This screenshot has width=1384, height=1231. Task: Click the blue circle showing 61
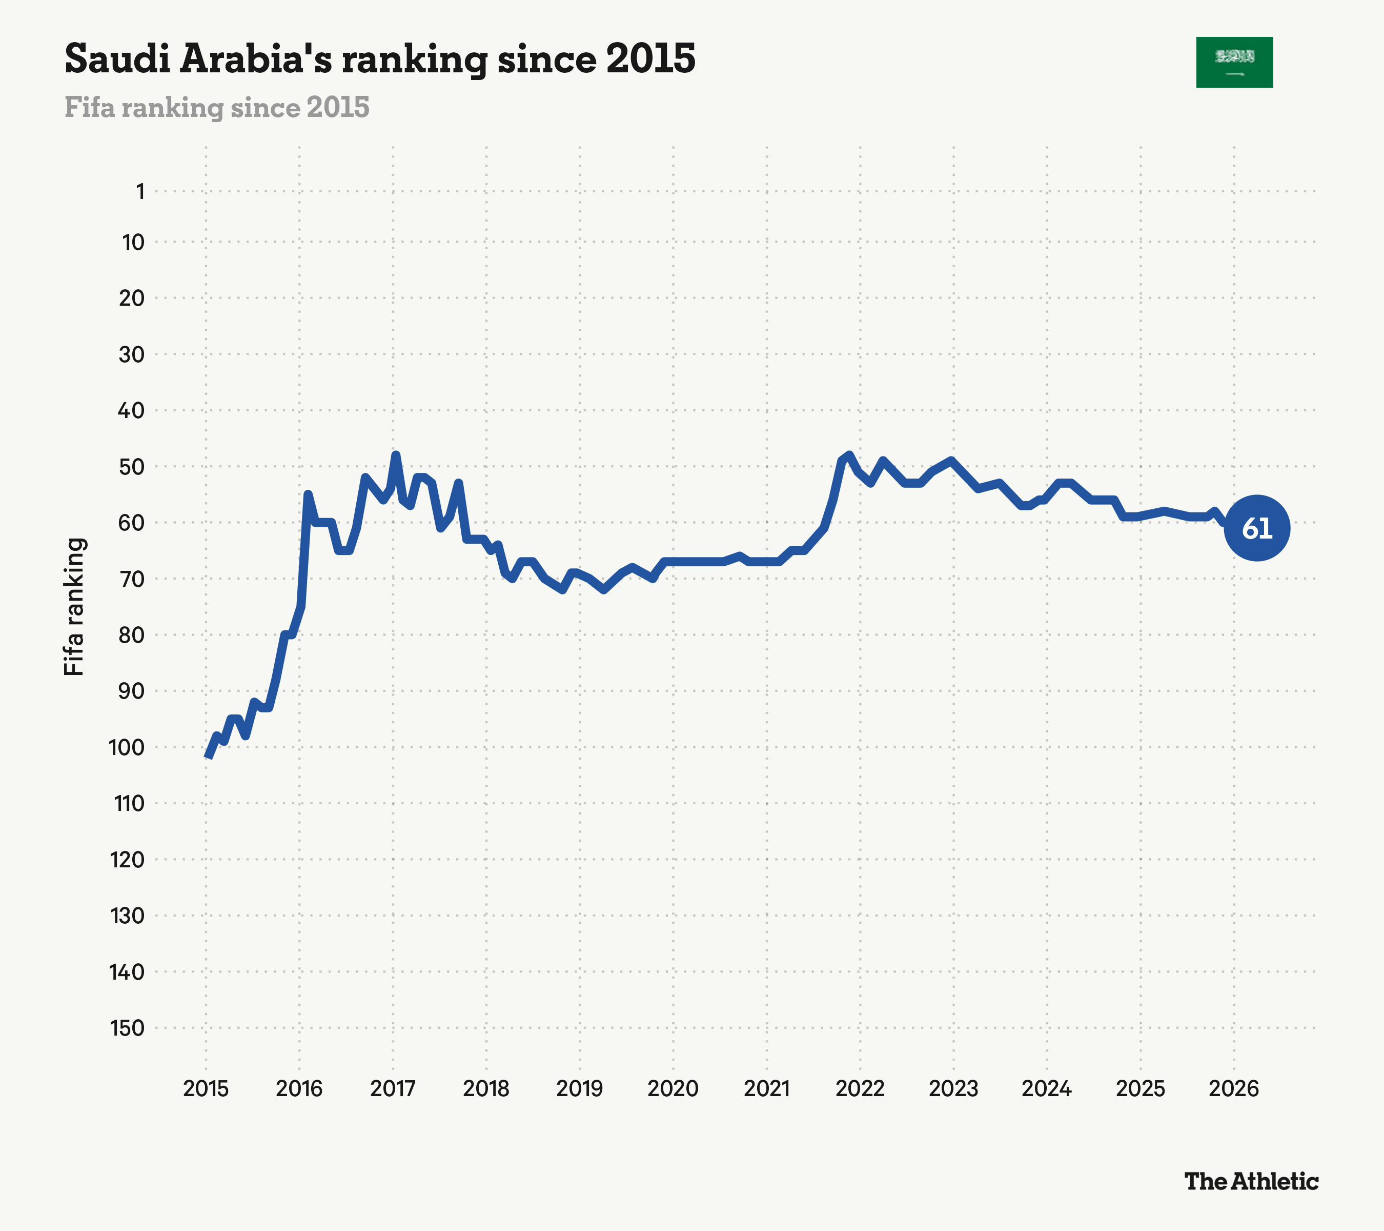pyautogui.click(x=1257, y=528)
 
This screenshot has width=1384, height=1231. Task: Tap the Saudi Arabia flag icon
pyautogui.click(x=1234, y=63)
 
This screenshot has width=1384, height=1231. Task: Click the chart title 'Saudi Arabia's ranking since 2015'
pyautogui.click(x=380, y=59)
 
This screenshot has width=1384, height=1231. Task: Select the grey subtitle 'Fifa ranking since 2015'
pyautogui.click(x=217, y=107)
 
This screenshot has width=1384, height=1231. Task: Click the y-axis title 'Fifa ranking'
pyautogui.click(x=74, y=607)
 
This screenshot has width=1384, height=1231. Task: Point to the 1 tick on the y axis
pyautogui.click(x=140, y=192)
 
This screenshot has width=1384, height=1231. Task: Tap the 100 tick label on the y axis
pyautogui.click(x=127, y=747)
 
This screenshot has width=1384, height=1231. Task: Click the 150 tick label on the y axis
pyautogui.click(x=127, y=1028)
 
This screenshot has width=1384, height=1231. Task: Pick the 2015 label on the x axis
pyautogui.click(x=206, y=1089)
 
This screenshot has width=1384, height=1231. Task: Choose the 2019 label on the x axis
pyautogui.click(x=580, y=1089)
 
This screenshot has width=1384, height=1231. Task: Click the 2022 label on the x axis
pyautogui.click(x=860, y=1089)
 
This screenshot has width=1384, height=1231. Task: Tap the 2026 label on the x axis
pyautogui.click(x=1234, y=1089)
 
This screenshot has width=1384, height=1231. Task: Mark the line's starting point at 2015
pyautogui.click(x=207, y=757)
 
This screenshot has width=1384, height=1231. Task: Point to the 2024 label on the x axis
pyautogui.click(x=1047, y=1089)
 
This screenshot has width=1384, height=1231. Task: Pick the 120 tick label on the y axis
pyautogui.click(x=127, y=860)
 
